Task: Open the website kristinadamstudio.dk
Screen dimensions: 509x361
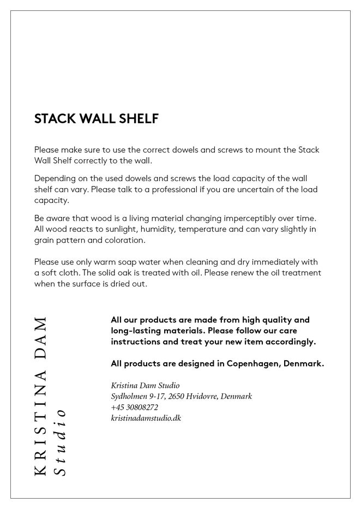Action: [146, 418]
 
